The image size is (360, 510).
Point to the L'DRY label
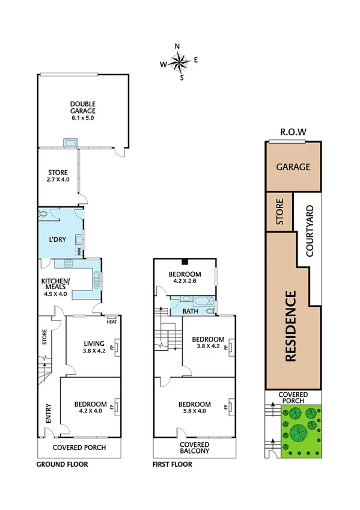coord(57,239)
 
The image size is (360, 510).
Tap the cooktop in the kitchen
coord(68,263)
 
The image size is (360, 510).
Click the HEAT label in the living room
coord(111,321)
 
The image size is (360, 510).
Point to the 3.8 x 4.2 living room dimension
coord(94,351)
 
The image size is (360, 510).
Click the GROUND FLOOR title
coord(62,464)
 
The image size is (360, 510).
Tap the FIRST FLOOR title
coord(172,464)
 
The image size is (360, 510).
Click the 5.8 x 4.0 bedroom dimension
coord(195,411)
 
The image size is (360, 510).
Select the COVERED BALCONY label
coord(195,447)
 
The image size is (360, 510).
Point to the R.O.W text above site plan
coord(293,132)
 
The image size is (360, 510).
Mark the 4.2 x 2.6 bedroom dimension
coord(185,280)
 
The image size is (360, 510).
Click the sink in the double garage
coord(70,143)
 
